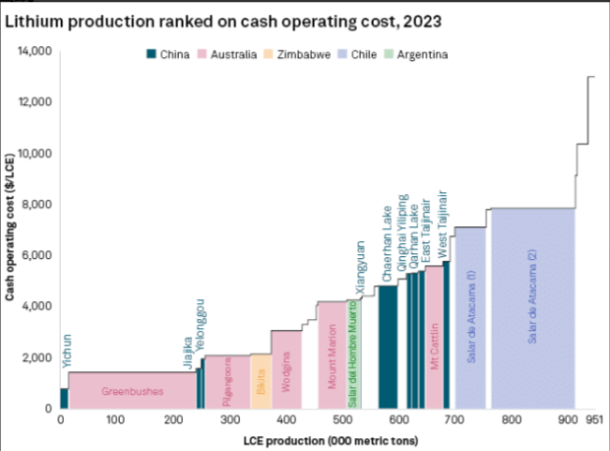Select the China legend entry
coord(171,54)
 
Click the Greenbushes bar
coord(131,390)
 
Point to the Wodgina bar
coord(286,369)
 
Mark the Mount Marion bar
coord(332,354)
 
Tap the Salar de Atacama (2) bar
coord(532,307)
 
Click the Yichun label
coord(66,352)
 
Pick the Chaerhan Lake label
coord(388,246)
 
